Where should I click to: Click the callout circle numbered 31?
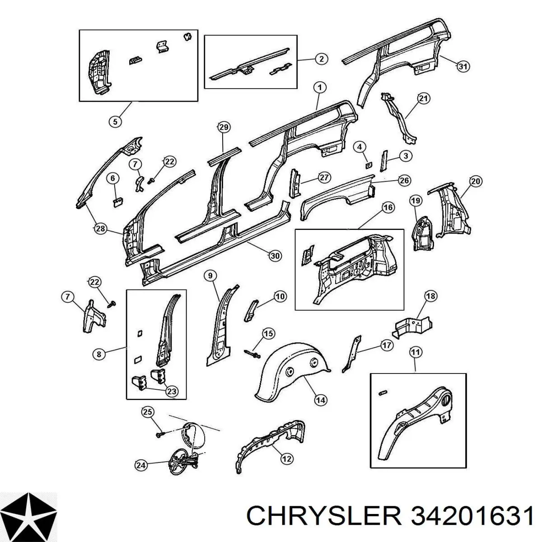(463, 67)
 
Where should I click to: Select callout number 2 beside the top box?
(321, 59)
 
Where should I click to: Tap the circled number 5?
(115, 121)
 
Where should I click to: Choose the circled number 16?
(388, 208)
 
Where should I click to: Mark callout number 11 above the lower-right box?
(416, 352)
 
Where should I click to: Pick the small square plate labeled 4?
(369, 165)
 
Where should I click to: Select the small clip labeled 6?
(118, 202)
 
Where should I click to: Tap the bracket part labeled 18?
(412, 327)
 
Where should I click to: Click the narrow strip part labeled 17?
(351, 354)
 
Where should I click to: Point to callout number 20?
(476, 182)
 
